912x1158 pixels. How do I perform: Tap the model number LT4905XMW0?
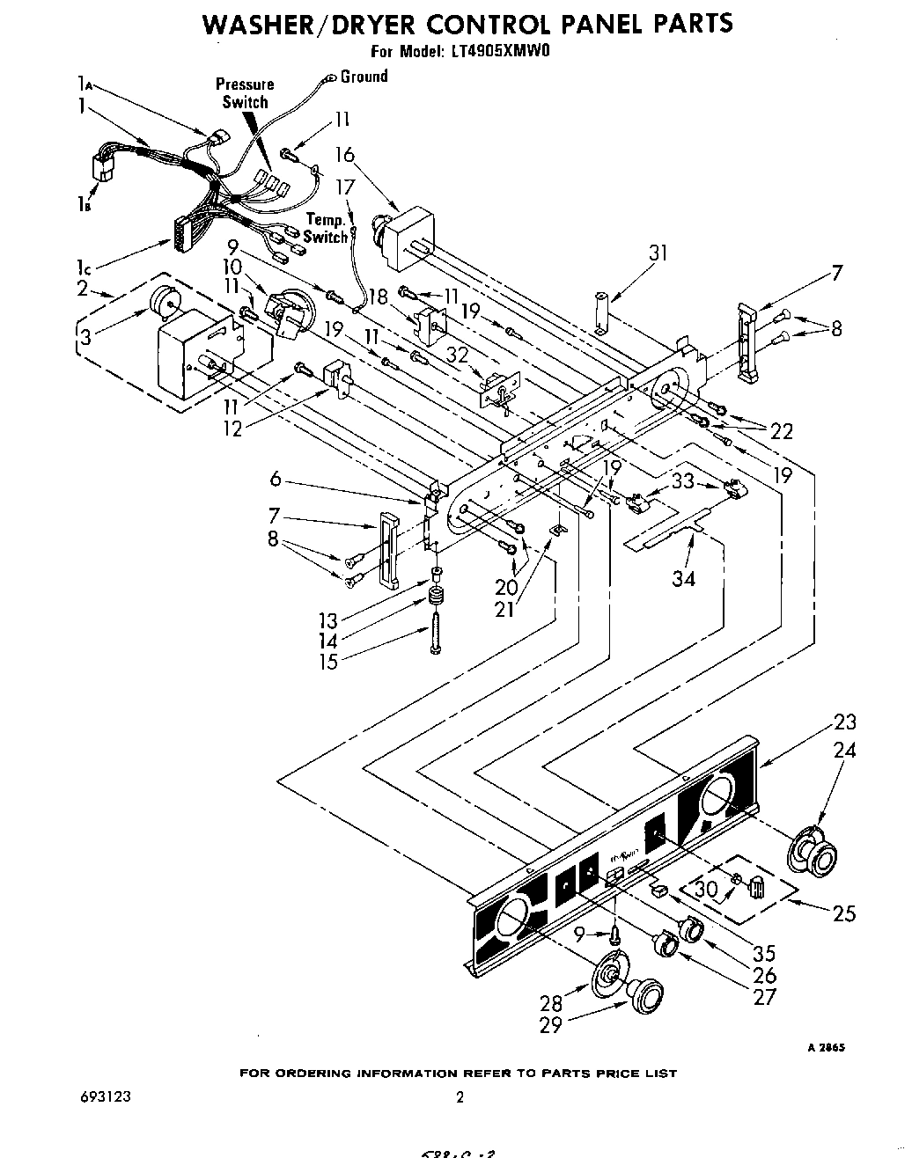[x=500, y=51]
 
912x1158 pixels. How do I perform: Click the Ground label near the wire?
[x=364, y=77]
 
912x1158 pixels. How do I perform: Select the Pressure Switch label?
[x=245, y=93]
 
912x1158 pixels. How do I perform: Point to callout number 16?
[x=344, y=156]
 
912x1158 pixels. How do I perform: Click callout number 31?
[x=658, y=253]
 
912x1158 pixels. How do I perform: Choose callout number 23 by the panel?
[x=844, y=722]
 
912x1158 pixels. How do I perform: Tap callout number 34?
[x=684, y=577]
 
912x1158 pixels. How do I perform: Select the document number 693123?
[x=99, y=1096]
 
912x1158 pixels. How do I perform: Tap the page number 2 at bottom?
[x=459, y=1096]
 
